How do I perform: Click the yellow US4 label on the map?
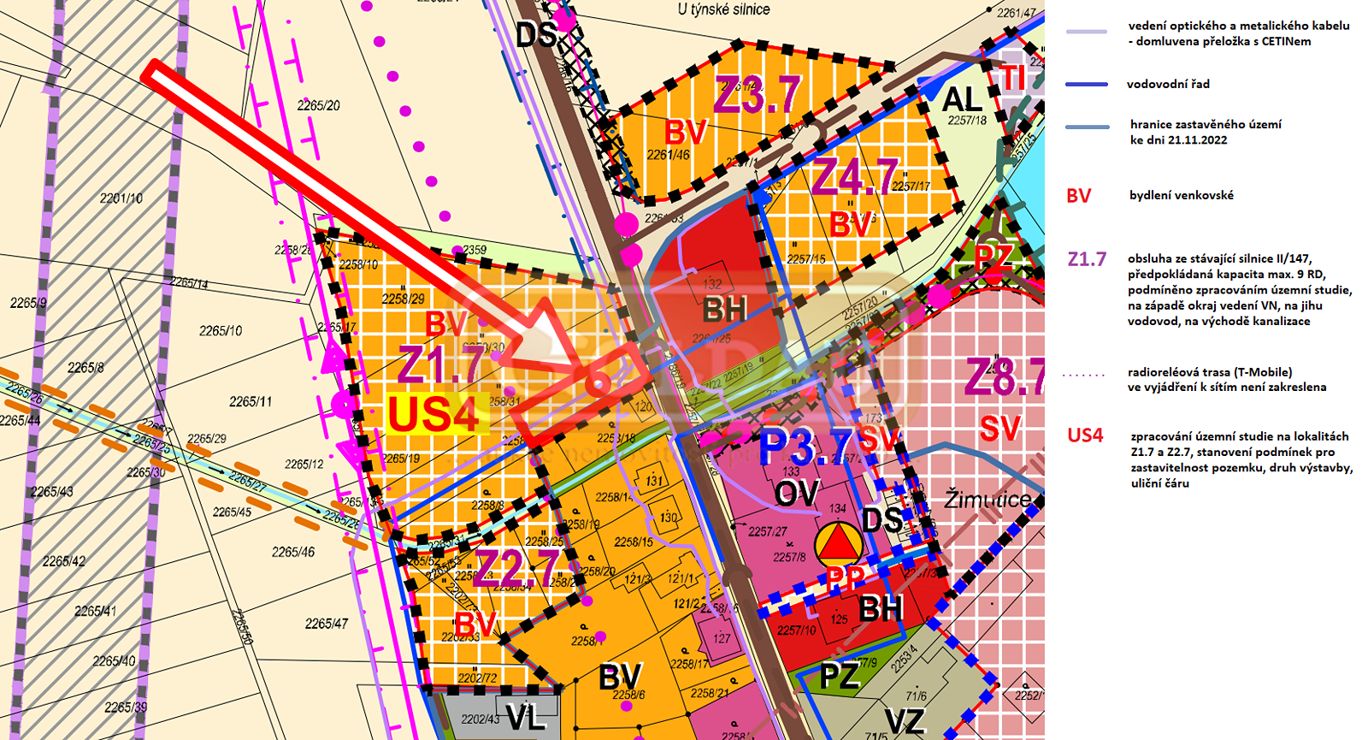(433, 415)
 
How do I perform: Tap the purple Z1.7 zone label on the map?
(440, 364)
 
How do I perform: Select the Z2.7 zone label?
(516, 568)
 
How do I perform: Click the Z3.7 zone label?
(758, 95)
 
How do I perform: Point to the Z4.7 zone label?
(855, 178)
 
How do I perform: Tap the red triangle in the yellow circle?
(839, 542)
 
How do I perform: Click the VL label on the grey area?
(526, 717)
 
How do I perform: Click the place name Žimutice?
(988, 499)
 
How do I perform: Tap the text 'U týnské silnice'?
(723, 9)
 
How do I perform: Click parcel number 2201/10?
(121, 198)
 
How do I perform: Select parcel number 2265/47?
(327, 624)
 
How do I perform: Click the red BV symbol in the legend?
(1078, 196)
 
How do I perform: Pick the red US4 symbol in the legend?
(1085, 435)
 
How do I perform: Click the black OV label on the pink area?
(796, 494)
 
